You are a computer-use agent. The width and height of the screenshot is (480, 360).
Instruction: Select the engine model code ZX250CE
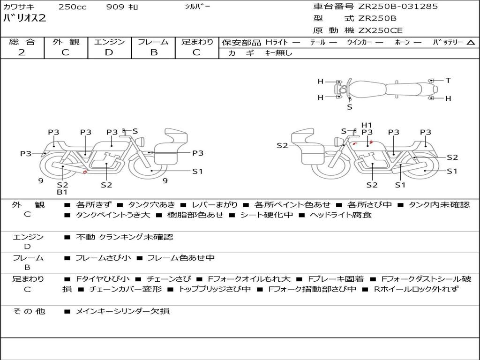[x=380, y=30]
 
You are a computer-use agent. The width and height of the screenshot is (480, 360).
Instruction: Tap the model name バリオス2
[x=24, y=18]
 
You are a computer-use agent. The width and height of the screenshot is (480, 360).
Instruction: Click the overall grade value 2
[x=22, y=52]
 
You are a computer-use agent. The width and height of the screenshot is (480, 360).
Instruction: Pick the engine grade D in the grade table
[x=109, y=52]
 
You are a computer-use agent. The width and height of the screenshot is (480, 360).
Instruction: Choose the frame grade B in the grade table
[x=154, y=52]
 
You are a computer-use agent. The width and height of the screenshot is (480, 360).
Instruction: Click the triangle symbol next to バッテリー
[x=471, y=43]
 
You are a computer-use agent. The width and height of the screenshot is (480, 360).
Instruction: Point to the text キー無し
[x=279, y=53]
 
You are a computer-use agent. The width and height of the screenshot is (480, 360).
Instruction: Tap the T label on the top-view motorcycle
[x=448, y=80]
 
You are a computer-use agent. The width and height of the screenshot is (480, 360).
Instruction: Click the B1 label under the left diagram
[x=62, y=192]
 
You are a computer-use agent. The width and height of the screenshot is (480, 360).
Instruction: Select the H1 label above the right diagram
[x=367, y=125]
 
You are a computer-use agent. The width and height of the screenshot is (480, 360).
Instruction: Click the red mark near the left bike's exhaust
[x=85, y=172]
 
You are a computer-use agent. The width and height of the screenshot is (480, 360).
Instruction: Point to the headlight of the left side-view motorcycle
[x=141, y=142]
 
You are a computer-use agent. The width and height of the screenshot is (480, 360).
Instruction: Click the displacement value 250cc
[x=73, y=7]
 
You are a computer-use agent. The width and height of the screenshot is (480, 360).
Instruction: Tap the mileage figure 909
[x=115, y=7]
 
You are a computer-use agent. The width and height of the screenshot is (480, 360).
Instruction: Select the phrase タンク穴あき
[x=151, y=204]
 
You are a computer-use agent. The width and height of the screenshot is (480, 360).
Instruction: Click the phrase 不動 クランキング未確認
[x=124, y=237]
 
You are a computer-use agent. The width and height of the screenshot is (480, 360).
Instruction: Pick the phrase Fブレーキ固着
[x=336, y=279]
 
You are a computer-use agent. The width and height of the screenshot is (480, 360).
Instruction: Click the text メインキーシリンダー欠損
[x=122, y=311]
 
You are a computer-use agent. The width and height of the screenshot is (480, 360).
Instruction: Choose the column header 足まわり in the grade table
[x=197, y=42]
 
